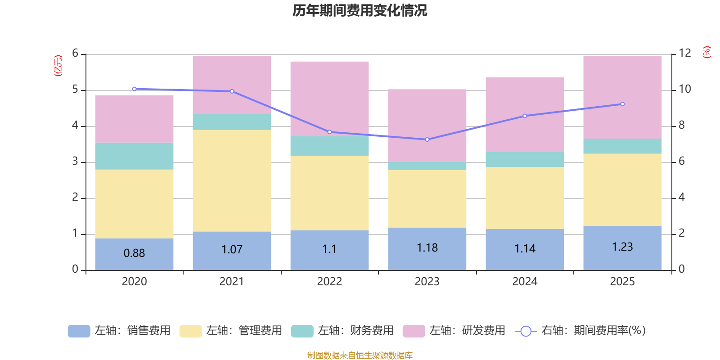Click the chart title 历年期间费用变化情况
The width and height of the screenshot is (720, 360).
point(360,11)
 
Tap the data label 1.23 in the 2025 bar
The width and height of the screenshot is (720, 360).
point(622,247)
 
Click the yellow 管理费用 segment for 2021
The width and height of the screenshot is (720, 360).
point(232,180)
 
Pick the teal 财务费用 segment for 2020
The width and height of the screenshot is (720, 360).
point(134,156)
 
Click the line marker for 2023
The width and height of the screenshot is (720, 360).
point(427,139)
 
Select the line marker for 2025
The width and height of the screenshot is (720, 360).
point(622,104)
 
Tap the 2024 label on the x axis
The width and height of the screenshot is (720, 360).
point(525,282)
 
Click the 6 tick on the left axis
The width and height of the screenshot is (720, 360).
point(75,54)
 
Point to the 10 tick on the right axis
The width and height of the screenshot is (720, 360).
point(684,89)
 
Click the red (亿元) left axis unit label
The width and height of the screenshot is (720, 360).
point(58,66)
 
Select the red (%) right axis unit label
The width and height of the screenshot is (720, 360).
point(706,52)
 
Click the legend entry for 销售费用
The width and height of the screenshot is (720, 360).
point(119,331)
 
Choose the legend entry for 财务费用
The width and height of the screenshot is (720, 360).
point(342,331)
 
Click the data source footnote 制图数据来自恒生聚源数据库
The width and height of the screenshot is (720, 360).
point(360,355)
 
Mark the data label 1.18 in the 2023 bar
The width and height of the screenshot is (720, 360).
point(427,248)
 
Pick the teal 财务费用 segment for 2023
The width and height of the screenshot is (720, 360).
point(427,166)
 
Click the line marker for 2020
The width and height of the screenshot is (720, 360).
point(134,89)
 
